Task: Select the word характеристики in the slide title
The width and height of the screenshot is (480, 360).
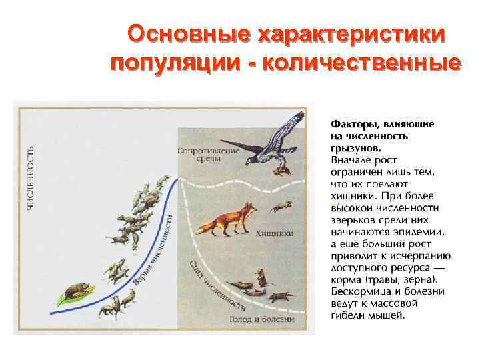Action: [x=345, y=35]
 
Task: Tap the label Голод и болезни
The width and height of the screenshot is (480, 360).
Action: [x=262, y=319]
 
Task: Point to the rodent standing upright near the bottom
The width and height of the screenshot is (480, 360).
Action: [x=261, y=275]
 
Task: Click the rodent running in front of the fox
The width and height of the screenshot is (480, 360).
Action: [x=280, y=207]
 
